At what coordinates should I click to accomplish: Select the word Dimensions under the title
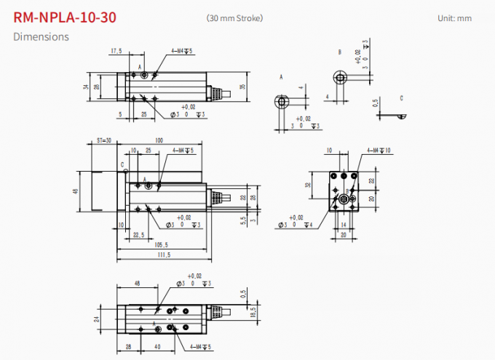41,36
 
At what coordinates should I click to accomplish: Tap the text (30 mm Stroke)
234,17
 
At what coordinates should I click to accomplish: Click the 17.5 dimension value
116,51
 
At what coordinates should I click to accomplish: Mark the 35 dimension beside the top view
242,87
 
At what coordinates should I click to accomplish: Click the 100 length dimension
158,140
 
